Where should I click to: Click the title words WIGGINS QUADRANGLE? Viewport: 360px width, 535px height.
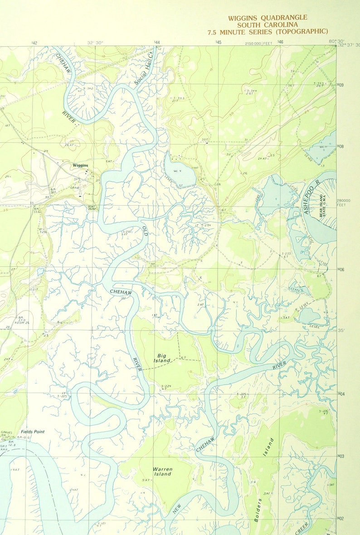(x=267, y=18)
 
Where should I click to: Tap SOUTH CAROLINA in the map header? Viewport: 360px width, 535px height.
(x=267, y=24)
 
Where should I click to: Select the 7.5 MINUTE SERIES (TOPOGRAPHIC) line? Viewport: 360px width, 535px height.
(x=268, y=31)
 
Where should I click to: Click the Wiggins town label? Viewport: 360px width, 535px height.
(x=80, y=166)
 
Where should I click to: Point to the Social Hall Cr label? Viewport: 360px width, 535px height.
(x=144, y=69)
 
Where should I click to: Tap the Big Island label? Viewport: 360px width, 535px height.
(x=164, y=358)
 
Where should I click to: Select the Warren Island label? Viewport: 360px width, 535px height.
(x=162, y=471)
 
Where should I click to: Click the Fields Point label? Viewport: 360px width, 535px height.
(x=33, y=432)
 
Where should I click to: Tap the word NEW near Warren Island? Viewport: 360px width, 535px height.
(x=176, y=508)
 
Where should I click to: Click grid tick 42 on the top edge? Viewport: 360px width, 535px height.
(x=34, y=43)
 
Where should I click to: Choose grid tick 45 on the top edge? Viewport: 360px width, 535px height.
(x=218, y=43)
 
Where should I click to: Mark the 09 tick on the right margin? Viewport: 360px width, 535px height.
(x=341, y=85)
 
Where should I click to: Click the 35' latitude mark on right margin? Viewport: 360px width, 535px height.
(x=341, y=330)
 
